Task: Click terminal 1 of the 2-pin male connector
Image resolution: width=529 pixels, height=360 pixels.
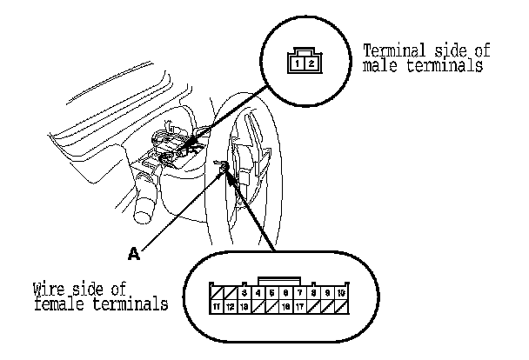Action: pos(298,64)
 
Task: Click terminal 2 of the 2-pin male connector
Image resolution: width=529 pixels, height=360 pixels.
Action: pos(311,64)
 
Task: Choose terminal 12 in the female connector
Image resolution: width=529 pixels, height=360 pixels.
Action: pos(231,307)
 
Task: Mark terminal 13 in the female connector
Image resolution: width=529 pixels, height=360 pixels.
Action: pos(245,307)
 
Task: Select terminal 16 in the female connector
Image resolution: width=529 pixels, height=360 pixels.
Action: pos(285,307)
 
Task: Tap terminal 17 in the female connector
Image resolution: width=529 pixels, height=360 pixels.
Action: pos(299,307)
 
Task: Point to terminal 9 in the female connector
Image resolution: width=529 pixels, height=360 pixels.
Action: pos(326,293)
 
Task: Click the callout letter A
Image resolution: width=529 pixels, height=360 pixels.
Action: pos(134,254)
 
